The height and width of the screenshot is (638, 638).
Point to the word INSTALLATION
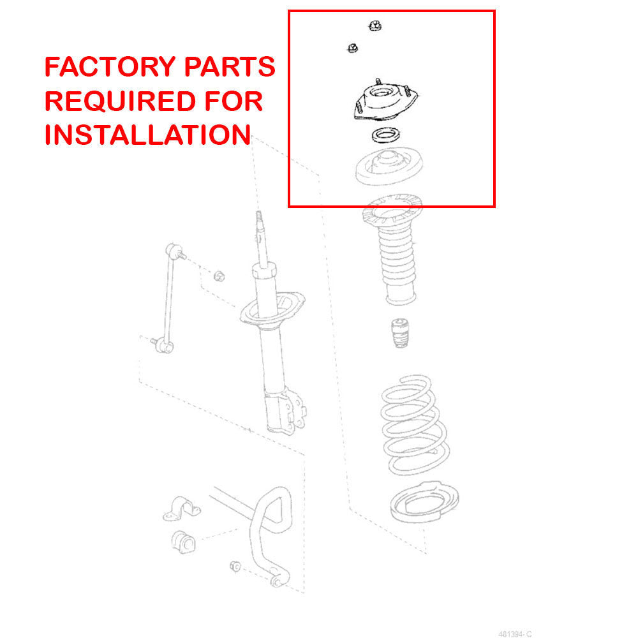[x=147, y=135]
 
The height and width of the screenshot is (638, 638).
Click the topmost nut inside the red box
[x=375, y=26]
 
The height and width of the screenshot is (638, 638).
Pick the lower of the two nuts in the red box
[x=352, y=47]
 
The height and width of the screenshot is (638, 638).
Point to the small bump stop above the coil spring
[x=399, y=332]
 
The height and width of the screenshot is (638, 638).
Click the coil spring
[x=410, y=424]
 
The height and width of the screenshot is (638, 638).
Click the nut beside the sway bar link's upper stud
[x=219, y=276]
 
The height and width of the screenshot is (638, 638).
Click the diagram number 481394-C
[x=516, y=633]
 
